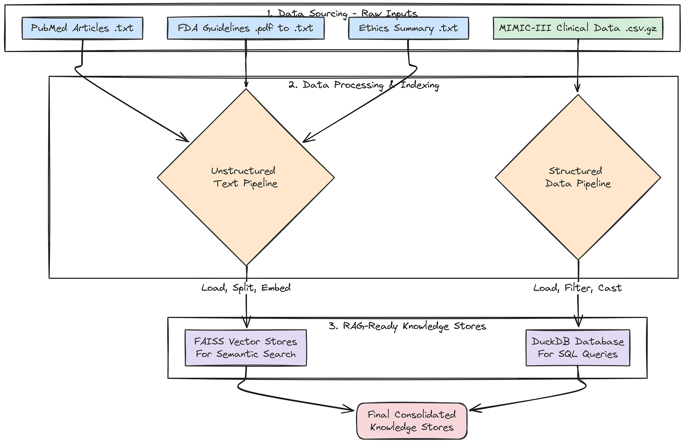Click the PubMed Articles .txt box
tap(82, 28)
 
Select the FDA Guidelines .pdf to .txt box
tap(245, 28)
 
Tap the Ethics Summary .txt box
tap(408, 28)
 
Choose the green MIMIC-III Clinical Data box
tap(578, 28)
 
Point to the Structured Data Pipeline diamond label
tap(577, 177)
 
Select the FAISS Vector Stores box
tap(245, 347)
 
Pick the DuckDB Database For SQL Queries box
tap(577, 347)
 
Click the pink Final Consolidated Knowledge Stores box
tap(412, 421)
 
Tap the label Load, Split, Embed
tap(246, 288)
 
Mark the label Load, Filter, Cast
tap(577, 288)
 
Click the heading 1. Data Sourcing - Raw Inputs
tap(342, 14)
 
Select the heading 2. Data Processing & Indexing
tap(364, 85)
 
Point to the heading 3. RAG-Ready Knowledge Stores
tap(407, 326)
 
